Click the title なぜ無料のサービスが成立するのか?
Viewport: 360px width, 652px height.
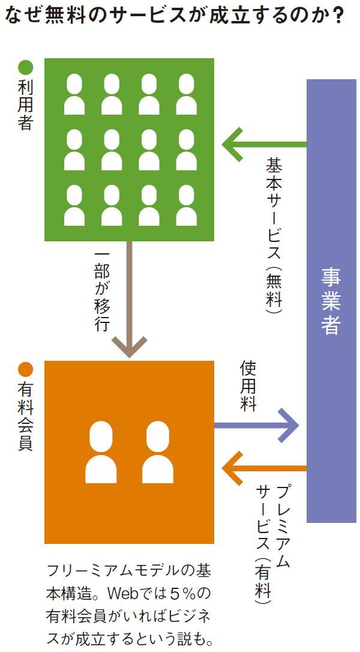coord(174,15)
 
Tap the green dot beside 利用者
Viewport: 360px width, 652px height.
coord(26,66)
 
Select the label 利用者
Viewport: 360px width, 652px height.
coord(26,103)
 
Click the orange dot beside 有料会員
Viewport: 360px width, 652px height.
coord(26,369)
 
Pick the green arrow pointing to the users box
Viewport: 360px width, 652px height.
coord(264,144)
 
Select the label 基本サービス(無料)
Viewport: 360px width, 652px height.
coord(275,234)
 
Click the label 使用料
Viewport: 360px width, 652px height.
coord(248,387)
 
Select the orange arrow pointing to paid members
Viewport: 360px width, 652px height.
coord(264,468)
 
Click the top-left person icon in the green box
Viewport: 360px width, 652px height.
coord(74,94)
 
